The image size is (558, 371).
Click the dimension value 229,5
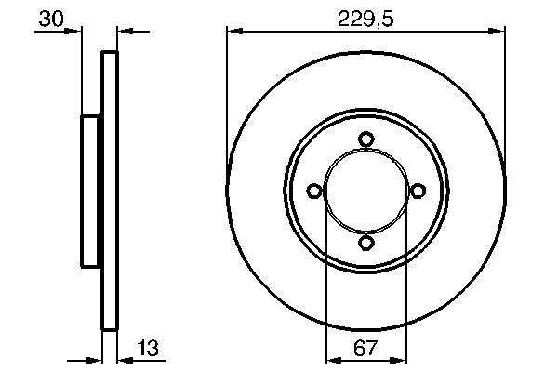tap(365, 19)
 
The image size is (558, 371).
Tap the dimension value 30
tap(51, 19)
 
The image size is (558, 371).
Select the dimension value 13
tap(148, 348)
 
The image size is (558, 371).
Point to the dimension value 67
tap(365, 348)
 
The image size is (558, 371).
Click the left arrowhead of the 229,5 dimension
tap(235, 32)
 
